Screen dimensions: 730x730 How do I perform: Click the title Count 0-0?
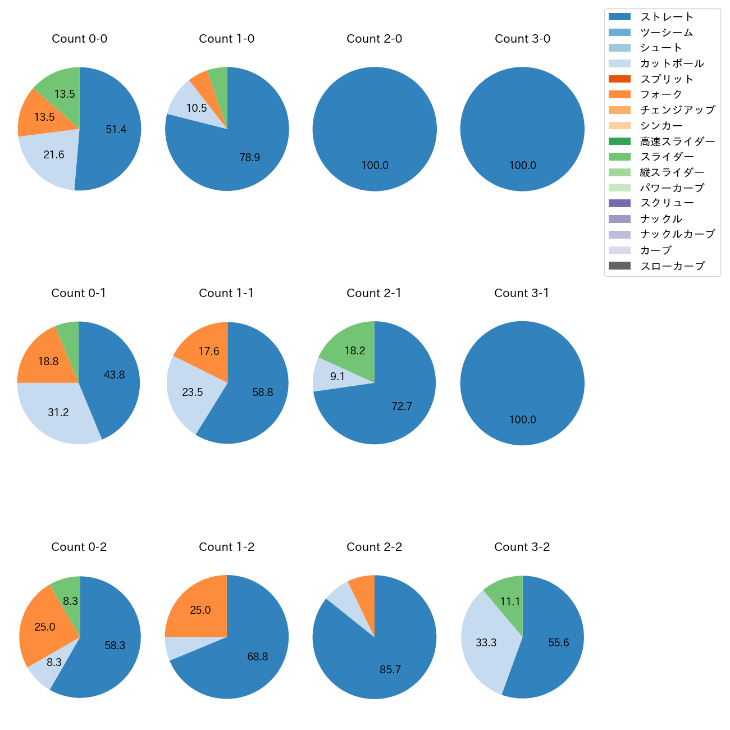point(79,39)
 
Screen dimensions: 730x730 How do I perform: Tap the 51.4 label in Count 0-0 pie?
point(116,130)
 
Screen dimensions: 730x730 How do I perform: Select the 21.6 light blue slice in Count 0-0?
point(51,157)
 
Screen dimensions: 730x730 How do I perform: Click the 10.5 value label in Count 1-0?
point(197,108)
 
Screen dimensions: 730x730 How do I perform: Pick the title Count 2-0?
point(374,39)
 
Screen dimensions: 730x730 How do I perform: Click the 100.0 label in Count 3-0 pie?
point(522,166)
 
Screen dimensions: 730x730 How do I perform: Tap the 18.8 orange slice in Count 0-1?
point(45,359)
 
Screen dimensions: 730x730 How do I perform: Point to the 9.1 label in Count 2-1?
point(337,377)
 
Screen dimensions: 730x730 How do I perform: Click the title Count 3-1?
point(522,293)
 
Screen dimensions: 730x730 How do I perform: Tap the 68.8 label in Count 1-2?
point(258,657)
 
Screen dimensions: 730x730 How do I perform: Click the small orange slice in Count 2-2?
point(363,595)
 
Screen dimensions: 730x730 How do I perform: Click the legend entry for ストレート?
point(667,17)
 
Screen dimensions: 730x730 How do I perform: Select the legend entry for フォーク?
point(661,94)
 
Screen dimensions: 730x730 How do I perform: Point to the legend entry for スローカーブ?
point(672,266)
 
